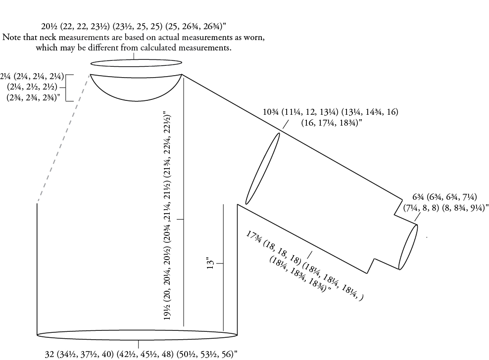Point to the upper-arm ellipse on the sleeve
[263, 168]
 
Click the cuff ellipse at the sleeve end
[408, 247]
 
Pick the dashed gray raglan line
[63, 139]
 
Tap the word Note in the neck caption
[13, 37]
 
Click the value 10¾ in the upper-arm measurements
[271, 112]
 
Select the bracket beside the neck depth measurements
[70, 88]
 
